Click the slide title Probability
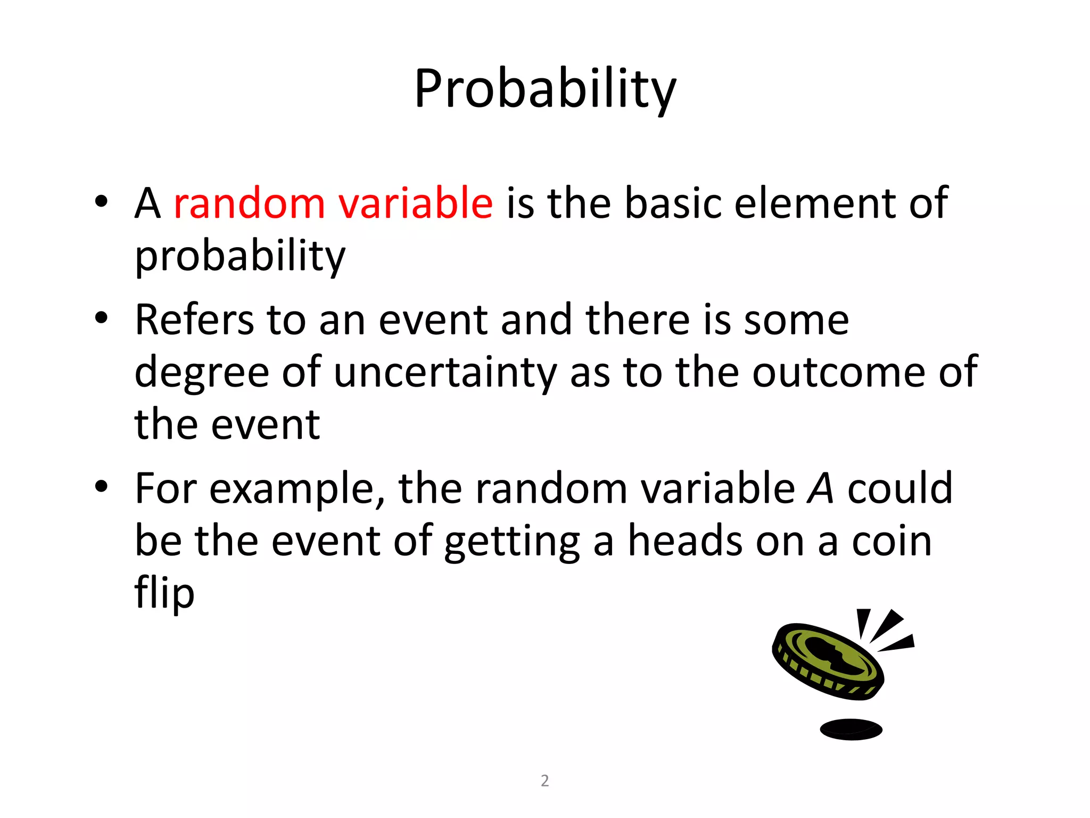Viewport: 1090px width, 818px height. (x=545, y=89)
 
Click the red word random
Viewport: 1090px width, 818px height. (x=249, y=203)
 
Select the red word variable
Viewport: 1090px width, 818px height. (x=416, y=203)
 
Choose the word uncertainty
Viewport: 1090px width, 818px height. (x=445, y=372)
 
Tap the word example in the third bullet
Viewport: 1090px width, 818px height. (x=298, y=489)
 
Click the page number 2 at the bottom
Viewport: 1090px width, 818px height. (x=544, y=780)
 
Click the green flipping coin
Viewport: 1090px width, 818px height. (x=828, y=660)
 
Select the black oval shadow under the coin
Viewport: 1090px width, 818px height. (x=851, y=729)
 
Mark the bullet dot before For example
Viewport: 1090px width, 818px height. (x=101, y=487)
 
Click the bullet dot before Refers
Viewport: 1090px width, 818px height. (x=101, y=318)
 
